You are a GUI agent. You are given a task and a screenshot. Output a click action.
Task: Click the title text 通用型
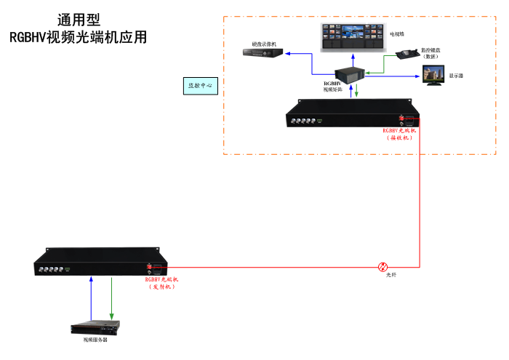[79, 20]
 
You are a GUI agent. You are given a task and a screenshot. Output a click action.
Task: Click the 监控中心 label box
[200, 86]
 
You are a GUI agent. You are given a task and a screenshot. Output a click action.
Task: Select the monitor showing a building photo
[435, 75]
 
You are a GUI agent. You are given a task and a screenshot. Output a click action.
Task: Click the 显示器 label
[457, 76]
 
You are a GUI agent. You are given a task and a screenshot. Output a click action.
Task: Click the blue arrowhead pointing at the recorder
[288, 53]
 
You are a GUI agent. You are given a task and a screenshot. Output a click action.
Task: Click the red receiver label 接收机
[398, 137]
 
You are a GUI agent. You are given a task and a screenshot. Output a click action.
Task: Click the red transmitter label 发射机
[161, 287]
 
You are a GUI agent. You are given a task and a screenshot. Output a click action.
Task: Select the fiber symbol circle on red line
[383, 267]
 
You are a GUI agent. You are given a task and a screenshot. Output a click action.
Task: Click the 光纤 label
[391, 275]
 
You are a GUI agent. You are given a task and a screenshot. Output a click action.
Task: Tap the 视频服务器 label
[95, 340]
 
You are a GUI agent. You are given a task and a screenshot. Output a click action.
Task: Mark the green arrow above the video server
[111, 298]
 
